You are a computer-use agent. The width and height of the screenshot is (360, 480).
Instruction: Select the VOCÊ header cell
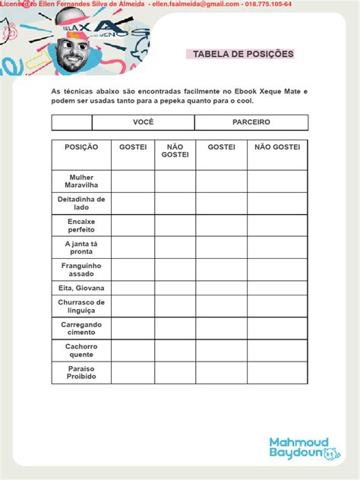(143, 122)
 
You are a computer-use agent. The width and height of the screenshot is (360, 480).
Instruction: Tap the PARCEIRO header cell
(251, 122)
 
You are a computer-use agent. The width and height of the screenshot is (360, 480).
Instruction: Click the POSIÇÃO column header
(81, 146)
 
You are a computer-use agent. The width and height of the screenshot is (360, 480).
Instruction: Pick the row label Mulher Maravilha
(81, 181)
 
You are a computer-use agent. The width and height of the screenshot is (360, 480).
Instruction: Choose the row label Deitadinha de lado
(81, 203)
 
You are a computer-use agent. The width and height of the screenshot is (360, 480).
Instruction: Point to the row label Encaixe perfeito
(81, 225)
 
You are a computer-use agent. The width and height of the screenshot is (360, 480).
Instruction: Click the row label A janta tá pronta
(81, 247)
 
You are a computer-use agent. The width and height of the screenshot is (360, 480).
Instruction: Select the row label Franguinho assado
(81, 269)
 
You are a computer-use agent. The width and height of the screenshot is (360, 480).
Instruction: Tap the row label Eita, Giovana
(81, 288)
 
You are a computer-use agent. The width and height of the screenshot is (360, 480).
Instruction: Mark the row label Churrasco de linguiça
(81, 306)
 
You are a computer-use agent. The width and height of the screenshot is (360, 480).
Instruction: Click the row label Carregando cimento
(81, 328)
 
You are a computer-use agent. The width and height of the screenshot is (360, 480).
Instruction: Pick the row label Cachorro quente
(81, 350)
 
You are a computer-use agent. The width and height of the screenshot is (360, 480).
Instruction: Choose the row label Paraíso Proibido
(81, 372)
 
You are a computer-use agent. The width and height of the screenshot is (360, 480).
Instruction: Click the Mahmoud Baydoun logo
(300, 447)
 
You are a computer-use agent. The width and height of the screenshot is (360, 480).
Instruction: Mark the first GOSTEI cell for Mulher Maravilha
(133, 181)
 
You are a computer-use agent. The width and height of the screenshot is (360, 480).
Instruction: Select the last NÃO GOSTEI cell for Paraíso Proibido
(277, 372)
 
